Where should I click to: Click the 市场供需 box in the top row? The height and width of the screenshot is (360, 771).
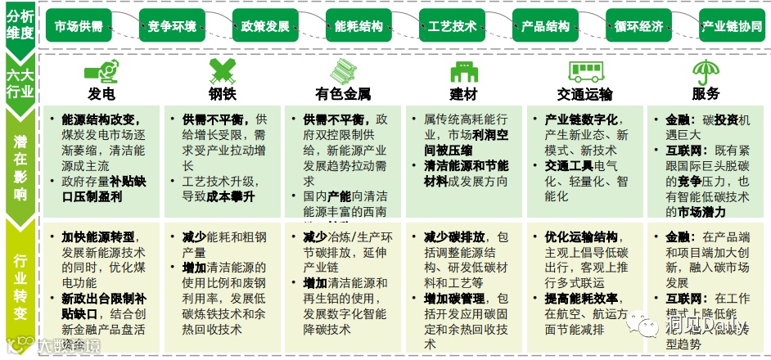point(79,26)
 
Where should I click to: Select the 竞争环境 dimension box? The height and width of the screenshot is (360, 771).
point(172,26)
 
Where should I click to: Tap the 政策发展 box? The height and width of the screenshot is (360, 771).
point(265,26)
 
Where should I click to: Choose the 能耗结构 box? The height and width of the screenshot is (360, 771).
point(358,26)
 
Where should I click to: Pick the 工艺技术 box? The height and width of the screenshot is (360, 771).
point(452,26)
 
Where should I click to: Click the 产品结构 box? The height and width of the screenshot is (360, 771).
point(545,26)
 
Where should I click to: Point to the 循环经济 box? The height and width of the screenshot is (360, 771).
point(638,26)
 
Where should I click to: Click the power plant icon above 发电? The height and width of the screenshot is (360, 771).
point(101,69)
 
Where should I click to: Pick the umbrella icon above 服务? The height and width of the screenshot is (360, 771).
point(705,69)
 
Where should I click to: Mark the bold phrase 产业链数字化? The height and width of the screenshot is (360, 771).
point(581,119)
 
